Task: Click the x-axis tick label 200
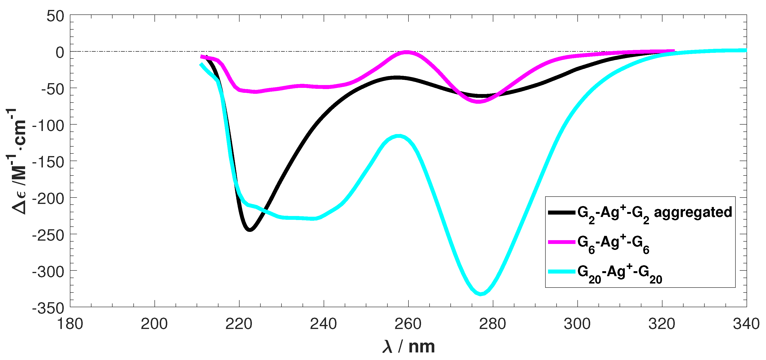coord(154,324)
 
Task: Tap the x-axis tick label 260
coord(408,324)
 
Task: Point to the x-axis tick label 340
coord(746,324)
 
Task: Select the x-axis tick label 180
coord(70,324)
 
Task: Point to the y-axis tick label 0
coord(60,53)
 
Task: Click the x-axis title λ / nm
coord(408,346)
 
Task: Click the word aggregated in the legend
coord(693,212)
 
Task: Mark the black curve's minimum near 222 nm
coord(250,230)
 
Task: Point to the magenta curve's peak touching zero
coord(407,52)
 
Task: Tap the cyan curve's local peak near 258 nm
coord(399,136)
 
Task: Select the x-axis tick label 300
coord(577,324)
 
